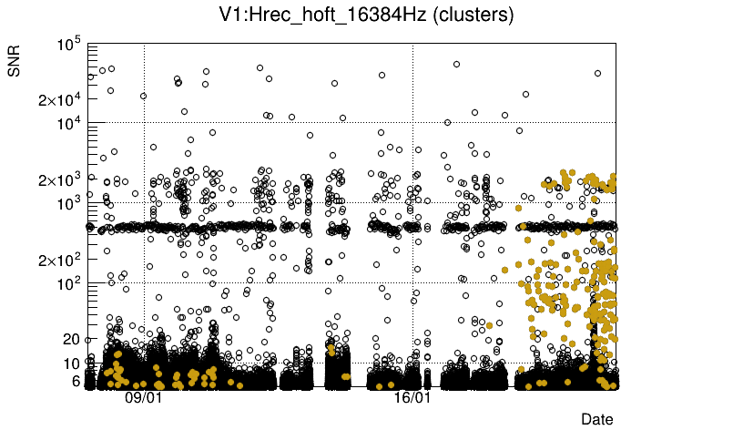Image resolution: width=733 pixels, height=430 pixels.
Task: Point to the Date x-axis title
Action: (x=597, y=418)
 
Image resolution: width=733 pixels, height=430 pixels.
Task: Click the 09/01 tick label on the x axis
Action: (x=144, y=398)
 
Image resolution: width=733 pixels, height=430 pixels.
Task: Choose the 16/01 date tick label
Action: (x=412, y=398)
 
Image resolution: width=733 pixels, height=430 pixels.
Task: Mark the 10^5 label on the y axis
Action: (x=69, y=44)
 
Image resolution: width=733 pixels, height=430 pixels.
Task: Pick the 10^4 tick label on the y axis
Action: (x=69, y=123)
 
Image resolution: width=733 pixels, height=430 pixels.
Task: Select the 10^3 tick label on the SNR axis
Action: (x=69, y=202)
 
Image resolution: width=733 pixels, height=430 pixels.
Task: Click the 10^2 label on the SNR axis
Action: (x=69, y=282)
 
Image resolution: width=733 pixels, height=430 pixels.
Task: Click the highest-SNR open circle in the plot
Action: (x=456, y=64)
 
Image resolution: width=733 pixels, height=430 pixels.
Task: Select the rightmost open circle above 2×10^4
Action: (x=597, y=74)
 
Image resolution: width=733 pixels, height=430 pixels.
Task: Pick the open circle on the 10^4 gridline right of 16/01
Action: (x=447, y=122)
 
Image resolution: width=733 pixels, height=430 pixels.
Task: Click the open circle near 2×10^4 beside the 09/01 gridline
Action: (x=143, y=96)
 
